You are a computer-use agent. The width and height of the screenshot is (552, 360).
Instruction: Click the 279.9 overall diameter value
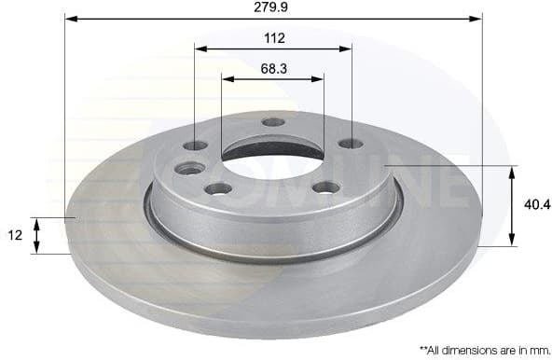click(x=274, y=8)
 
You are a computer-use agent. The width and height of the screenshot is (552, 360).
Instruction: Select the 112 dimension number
click(x=274, y=38)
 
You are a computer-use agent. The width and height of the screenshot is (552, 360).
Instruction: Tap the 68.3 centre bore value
click(x=273, y=68)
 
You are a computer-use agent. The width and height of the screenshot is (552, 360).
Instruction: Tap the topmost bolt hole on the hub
click(x=273, y=122)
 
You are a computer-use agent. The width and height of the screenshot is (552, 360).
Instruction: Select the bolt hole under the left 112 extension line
click(x=196, y=145)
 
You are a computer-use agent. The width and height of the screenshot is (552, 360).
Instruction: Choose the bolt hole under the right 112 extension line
click(x=351, y=144)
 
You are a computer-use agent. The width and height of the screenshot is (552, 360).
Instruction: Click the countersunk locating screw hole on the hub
click(x=190, y=169)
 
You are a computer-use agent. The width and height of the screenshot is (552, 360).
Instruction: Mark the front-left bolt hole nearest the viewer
click(x=218, y=188)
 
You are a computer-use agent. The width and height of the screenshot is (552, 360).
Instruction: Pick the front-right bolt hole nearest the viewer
click(x=325, y=187)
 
